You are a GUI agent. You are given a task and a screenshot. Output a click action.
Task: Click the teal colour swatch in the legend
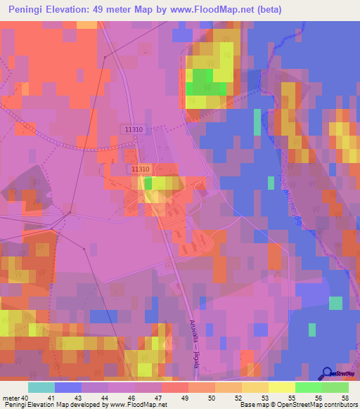click(x=41, y=387)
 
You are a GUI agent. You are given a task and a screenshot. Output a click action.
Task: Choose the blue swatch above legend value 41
click(x=68, y=387)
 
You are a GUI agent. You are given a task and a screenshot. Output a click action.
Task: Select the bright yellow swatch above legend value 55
click(x=281, y=387)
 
